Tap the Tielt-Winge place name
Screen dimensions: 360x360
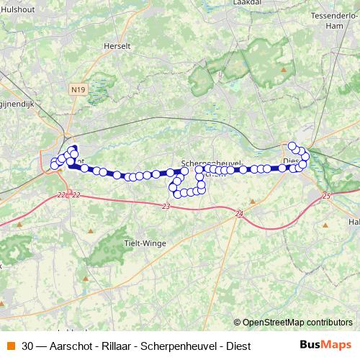145,243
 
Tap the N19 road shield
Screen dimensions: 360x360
78,89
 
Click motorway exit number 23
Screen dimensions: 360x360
166,206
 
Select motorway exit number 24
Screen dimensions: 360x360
240,213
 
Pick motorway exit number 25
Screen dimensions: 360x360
326,196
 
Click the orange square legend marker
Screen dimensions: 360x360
10,346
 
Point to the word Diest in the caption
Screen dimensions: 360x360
238,346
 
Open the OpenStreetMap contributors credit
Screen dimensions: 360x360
297,323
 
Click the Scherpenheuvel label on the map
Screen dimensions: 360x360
211,163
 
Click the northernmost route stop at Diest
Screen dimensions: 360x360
292,146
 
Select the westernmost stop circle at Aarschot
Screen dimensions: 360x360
53,166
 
